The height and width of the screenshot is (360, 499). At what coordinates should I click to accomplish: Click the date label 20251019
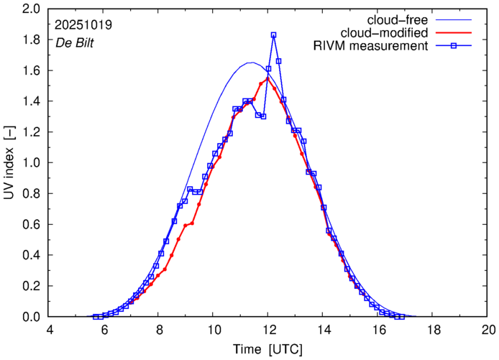click(x=83, y=24)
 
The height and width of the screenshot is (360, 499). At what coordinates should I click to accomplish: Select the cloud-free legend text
click(x=403, y=19)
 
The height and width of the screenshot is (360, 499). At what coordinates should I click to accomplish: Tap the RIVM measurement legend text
click(x=371, y=47)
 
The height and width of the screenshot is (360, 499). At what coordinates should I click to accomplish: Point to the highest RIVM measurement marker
click(x=273, y=34)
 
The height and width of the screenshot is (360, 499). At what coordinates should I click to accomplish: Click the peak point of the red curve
click(x=267, y=79)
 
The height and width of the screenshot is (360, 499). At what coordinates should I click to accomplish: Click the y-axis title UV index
click(x=10, y=164)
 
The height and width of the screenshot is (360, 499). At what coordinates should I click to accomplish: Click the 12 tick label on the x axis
click(x=267, y=330)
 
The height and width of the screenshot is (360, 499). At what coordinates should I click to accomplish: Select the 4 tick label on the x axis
click(x=49, y=330)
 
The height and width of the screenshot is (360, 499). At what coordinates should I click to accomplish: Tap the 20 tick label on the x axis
click(x=488, y=330)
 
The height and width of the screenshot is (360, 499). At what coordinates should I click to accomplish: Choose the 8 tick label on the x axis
click(x=159, y=330)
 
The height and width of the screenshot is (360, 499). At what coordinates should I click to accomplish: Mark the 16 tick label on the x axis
click(x=378, y=330)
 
